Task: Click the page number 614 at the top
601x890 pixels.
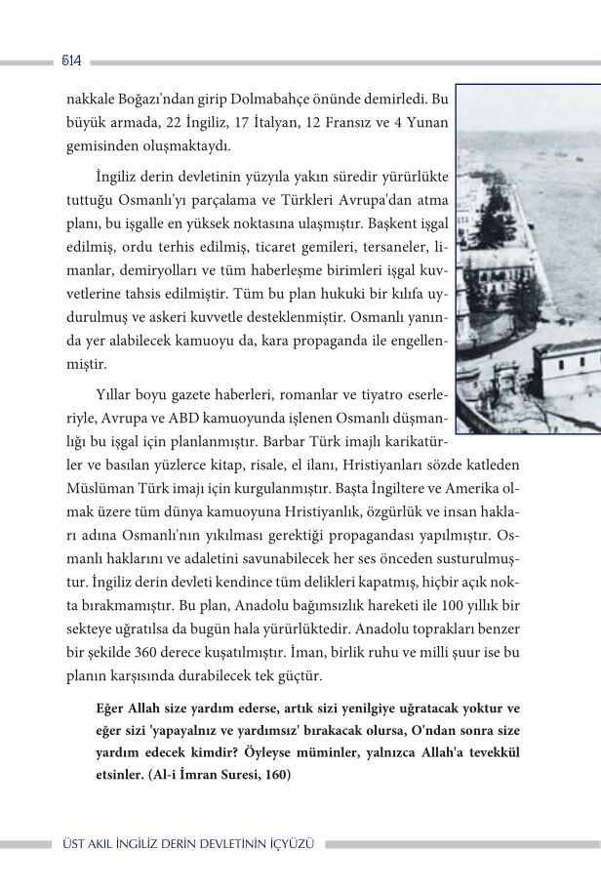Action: click(69, 61)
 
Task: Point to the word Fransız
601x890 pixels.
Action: click(345, 124)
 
